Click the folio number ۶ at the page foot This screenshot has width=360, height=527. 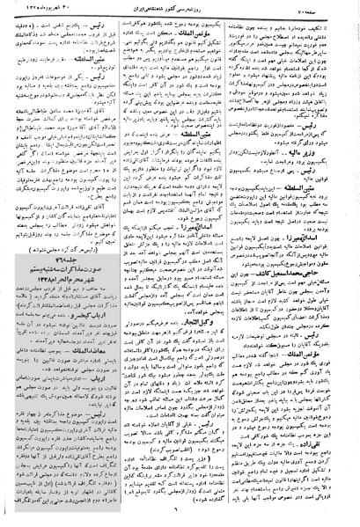click(181, 516)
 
